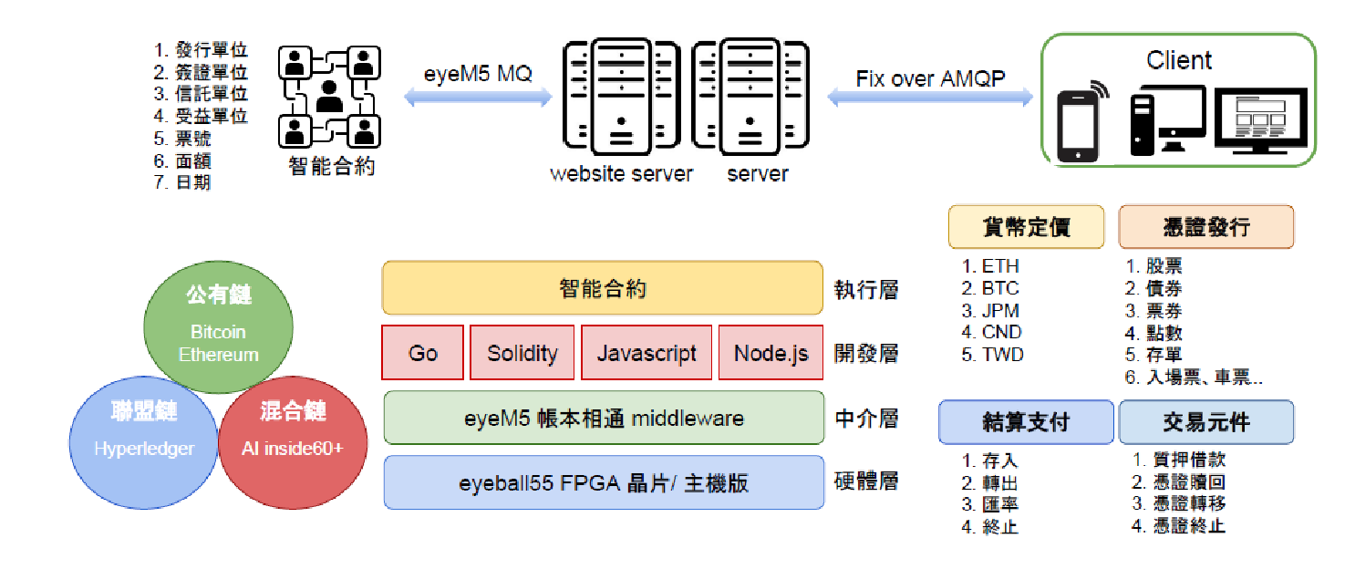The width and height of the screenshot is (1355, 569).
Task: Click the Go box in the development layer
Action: point(422,353)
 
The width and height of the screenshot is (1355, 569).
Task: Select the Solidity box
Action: point(522,353)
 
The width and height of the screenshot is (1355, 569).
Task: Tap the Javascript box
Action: point(646,353)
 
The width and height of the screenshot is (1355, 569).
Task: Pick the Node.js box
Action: point(771,353)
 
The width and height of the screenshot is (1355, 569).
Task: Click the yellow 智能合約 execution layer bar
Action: point(602,289)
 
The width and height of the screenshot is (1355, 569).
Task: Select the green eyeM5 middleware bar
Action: point(602,419)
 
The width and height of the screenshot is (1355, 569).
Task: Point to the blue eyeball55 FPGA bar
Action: point(602,482)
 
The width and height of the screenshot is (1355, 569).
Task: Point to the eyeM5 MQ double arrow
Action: point(477,96)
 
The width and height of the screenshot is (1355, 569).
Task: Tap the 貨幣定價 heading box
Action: point(1026,227)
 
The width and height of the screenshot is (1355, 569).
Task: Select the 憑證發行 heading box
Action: point(1205,227)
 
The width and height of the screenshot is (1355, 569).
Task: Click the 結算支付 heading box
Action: point(1026,422)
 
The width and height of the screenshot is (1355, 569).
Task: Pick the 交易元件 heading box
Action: point(1205,422)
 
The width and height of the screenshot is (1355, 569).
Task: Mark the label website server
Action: point(621,173)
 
